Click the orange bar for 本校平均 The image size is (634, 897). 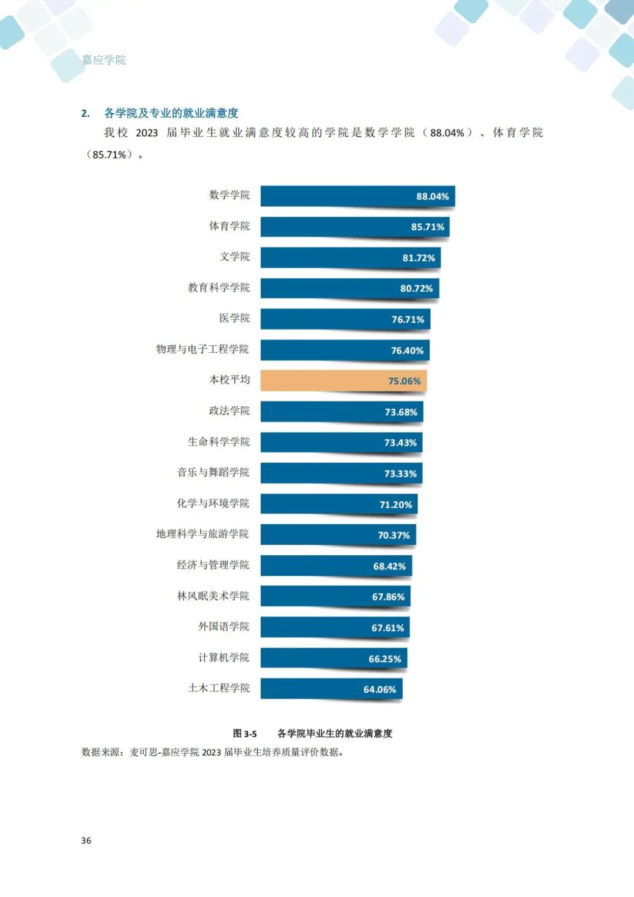click(343, 380)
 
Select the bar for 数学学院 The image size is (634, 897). click(357, 196)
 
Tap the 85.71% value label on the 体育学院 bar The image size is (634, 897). click(427, 227)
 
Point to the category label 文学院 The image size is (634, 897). click(234, 257)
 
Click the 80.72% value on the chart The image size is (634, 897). click(416, 289)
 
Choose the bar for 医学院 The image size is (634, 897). click(345, 319)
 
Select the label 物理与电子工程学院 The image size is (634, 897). click(203, 349)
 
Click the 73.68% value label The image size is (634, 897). click(401, 412)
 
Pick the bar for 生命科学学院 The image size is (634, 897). click(341, 443)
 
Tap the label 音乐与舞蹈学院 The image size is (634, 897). click(213, 473)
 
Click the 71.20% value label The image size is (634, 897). click(396, 505)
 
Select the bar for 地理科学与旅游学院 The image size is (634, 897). click(338, 535)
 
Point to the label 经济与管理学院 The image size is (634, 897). click(213, 565)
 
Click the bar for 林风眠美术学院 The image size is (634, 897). click(335, 596)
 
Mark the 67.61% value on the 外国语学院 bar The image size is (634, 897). click(387, 628)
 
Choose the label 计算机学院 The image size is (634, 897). click(224, 657)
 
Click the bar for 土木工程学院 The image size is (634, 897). click(331, 689)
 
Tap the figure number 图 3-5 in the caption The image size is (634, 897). click(245, 734)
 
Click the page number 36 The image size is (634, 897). click(86, 841)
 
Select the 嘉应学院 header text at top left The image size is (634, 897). click(104, 60)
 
